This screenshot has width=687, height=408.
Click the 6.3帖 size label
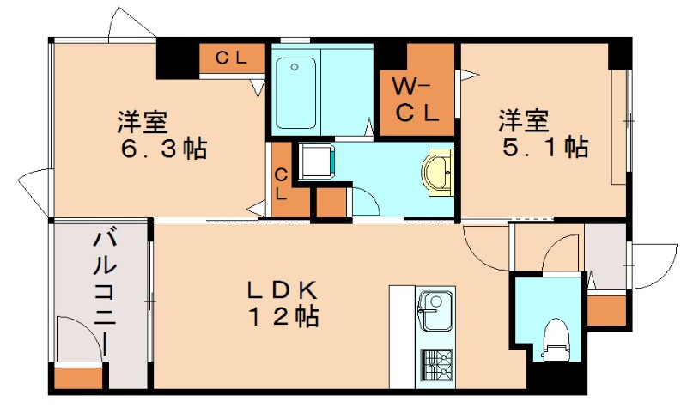pos(165,148)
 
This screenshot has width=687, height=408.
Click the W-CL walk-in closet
pos(416,98)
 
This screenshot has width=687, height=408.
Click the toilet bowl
pos(556,336)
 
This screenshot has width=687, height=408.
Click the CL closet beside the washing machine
pos(282,183)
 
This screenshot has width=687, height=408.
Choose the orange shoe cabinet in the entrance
pos(606,308)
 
